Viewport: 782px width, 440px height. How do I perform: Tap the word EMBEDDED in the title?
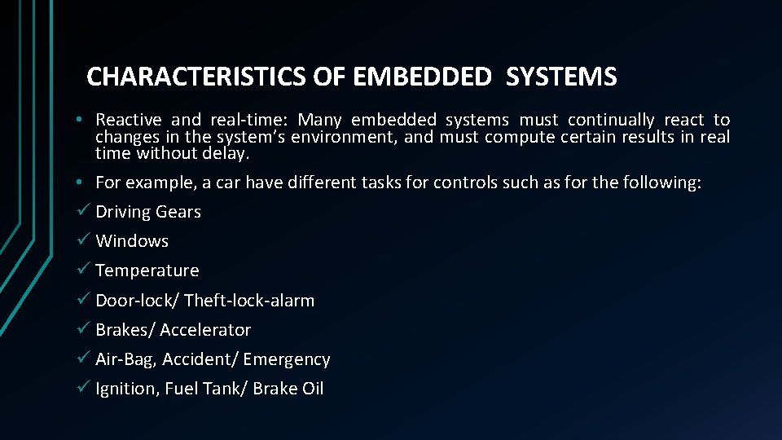click(422, 77)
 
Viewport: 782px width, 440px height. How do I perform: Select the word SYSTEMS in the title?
click(561, 77)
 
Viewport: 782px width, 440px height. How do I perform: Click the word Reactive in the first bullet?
click(129, 121)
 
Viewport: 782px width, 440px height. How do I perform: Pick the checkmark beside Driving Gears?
click(86, 211)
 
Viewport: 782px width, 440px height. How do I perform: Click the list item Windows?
click(132, 241)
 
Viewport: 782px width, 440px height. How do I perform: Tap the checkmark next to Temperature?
click(86, 270)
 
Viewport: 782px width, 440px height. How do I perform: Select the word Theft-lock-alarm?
click(249, 301)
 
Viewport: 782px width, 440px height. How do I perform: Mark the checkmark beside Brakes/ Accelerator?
click(86, 329)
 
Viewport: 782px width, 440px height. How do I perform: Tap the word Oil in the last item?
click(313, 389)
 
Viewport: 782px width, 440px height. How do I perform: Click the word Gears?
click(178, 212)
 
